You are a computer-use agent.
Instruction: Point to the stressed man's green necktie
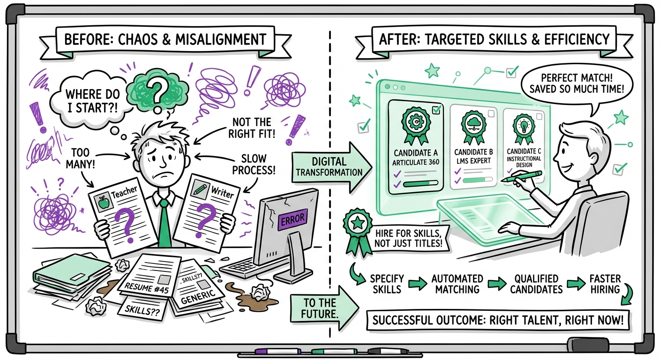(163, 220)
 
